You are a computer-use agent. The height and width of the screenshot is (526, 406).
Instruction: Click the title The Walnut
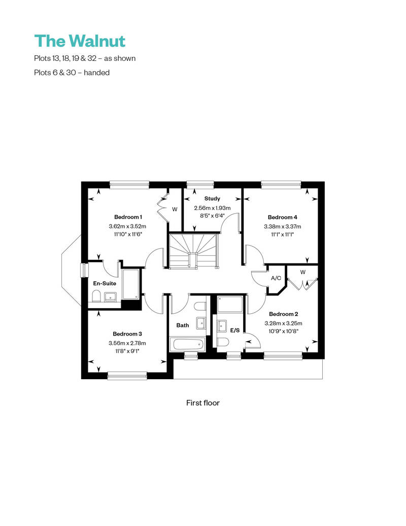[80, 41]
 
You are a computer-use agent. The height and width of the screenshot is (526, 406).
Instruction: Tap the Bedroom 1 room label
[127, 217]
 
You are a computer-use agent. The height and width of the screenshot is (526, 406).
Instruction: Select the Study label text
[212, 199]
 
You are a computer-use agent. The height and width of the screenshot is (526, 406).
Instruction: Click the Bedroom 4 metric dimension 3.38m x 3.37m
[282, 226]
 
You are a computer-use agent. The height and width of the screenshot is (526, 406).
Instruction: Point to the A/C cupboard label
[276, 278]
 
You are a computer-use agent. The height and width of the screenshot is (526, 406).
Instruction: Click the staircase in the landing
[193, 250]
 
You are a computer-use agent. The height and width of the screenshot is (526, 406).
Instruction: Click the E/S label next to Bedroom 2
[235, 330]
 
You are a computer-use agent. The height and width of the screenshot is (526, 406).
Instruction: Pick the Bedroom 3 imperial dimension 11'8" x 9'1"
[127, 351]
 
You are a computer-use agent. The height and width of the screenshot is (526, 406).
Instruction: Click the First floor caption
[203, 403]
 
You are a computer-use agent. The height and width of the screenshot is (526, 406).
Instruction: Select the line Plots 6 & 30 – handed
[72, 72]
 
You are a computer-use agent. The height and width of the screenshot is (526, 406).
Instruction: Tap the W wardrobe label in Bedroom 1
[174, 209]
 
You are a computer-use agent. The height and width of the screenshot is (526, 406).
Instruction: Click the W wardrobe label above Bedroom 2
[302, 272]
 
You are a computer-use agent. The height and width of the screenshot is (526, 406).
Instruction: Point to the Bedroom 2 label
[283, 314]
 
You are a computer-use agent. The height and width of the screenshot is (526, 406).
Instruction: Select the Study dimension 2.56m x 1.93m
[212, 208]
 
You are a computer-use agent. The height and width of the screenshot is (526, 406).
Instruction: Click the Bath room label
[182, 325]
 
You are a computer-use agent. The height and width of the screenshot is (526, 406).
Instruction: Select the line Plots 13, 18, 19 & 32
[84, 58]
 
